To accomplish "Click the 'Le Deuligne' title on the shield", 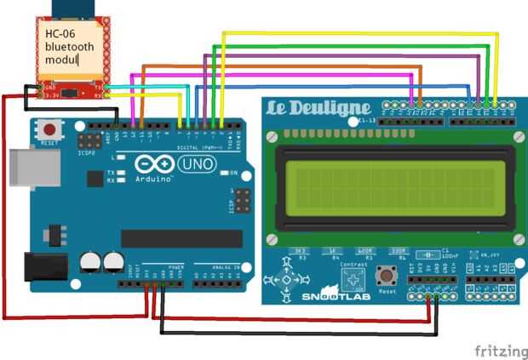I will point(320,109).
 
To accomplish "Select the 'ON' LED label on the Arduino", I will point(232,173).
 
